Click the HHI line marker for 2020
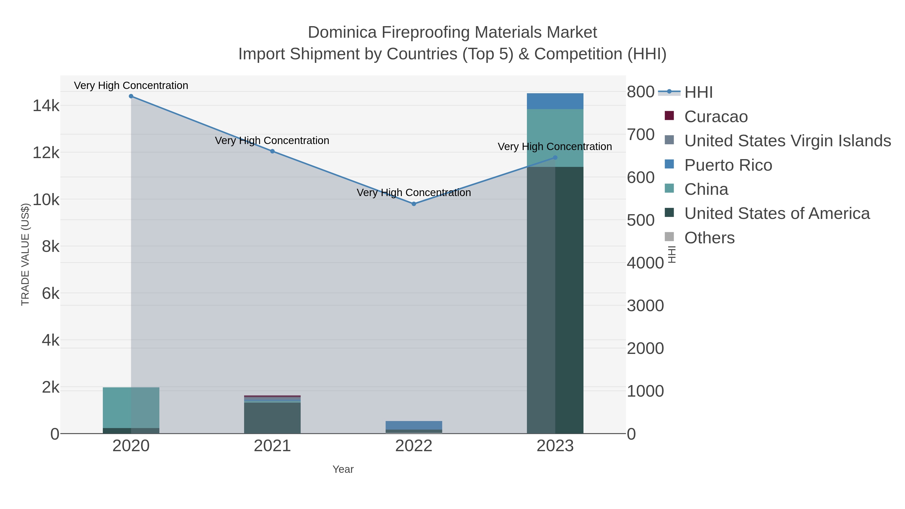click(131, 96)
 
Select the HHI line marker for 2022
click(414, 204)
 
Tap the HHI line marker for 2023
click(555, 158)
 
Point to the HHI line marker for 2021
click(272, 151)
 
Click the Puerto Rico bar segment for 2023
click(555, 101)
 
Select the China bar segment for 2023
click(555, 138)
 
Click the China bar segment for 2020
click(131, 407)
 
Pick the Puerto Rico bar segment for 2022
click(414, 425)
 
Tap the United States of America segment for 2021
click(272, 418)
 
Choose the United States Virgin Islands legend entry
click(787, 141)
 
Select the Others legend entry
click(709, 238)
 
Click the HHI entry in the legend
click(698, 92)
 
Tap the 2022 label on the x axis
click(414, 446)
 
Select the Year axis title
click(343, 469)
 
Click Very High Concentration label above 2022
click(414, 193)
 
